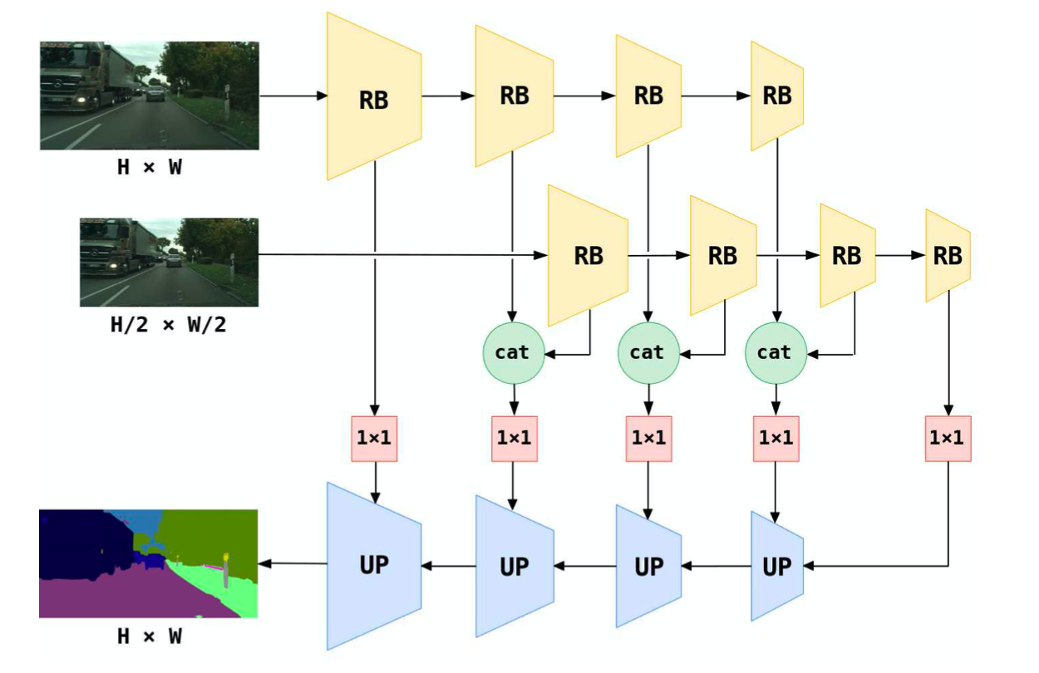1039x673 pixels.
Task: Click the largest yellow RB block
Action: (x=373, y=97)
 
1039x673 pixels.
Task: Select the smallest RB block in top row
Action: (x=776, y=96)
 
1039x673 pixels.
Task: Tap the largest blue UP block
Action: (x=373, y=565)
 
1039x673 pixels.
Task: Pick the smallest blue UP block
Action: (x=776, y=567)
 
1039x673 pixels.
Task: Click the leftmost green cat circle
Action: (x=512, y=352)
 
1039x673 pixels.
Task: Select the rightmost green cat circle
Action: (x=775, y=352)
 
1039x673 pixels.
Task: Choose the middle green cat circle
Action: (x=647, y=352)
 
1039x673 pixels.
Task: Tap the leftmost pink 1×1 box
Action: (x=374, y=438)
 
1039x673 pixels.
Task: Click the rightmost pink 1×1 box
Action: (x=947, y=438)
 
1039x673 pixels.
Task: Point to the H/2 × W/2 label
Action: (x=168, y=324)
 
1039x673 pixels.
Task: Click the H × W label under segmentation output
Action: (x=149, y=637)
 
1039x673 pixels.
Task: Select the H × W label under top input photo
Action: (x=149, y=168)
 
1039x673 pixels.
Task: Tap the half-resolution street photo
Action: (x=169, y=262)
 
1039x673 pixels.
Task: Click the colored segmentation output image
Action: (x=149, y=564)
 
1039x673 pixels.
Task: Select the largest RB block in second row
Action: (x=587, y=255)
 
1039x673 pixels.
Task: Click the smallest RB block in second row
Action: (x=947, y=255)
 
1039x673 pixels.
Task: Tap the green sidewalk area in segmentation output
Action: (x=229, y=592)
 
